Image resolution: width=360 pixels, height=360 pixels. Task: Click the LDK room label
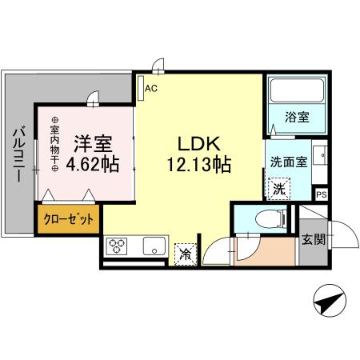[x=199, y=145]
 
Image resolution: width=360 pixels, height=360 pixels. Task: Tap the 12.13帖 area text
[x=199, y=166]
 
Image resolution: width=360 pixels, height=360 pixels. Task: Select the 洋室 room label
[x=93, y=145]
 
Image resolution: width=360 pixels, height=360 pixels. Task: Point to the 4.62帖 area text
[x=93, y=166]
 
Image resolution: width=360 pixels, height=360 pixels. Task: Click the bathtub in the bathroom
[x=295, y=96]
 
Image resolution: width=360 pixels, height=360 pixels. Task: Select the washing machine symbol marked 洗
[x=279, y=190]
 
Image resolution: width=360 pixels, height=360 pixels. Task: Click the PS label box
[x=322, y=194]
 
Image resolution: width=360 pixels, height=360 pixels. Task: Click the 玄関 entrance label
[x=313, y=238]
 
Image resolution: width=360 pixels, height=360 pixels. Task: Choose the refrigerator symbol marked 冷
[x=185, y=254]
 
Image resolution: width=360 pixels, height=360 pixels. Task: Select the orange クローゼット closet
[x=67, y=219]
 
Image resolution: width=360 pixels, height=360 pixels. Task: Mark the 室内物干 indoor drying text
[x=55, y=143]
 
